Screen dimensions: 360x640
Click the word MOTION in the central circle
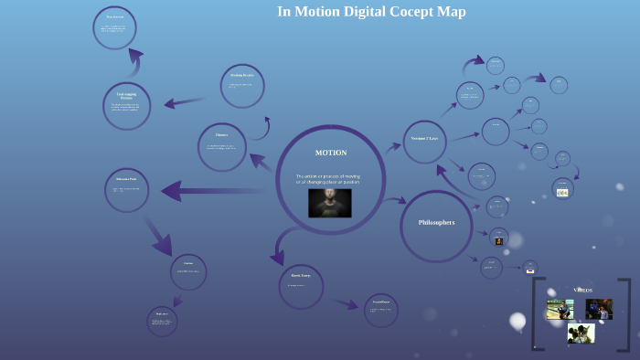[330, 153]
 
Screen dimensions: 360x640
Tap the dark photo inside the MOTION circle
[330, 203]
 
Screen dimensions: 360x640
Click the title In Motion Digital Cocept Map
[371, 12]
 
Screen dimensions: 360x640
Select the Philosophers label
[436, 223]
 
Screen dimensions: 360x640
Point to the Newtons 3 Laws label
[424, 139]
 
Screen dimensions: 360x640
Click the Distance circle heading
[221, 135]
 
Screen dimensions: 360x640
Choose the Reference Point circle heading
[126, 180]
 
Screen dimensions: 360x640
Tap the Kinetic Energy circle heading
[301, 275]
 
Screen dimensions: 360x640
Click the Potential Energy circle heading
[380, 302]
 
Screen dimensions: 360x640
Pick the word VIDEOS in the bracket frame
[582, 290]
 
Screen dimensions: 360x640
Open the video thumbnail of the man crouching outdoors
[560, 310]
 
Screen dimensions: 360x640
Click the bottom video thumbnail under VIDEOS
[581, 334]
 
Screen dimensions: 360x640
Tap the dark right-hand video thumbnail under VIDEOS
[599, 310]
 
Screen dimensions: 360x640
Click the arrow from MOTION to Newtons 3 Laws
[392, 146]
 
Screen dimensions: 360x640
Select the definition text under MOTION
[327, 179]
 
